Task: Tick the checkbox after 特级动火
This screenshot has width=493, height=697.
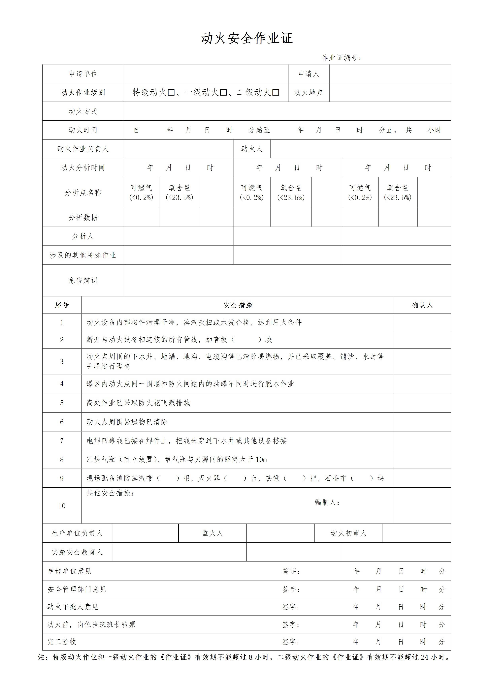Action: pos(171,93)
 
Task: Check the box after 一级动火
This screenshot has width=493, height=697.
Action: pos(223,93)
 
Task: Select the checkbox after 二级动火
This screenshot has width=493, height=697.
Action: pos(276,93)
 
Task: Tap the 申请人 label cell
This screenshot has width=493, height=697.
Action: pos(309,74)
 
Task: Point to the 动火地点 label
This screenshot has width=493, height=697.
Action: pos(309,93)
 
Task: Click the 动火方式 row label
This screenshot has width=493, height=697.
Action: pos(83,111)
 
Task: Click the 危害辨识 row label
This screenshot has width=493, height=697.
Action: pos(83,280)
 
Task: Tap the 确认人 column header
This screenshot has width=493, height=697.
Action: pos(422,305)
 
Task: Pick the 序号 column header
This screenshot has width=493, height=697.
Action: pos(62,305)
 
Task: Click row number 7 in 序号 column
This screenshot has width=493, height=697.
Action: pos(62,441)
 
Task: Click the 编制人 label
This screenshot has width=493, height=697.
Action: pos(327,502)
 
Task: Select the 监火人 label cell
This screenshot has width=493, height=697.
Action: pos(212,533)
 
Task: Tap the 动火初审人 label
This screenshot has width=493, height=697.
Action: pos(348,533)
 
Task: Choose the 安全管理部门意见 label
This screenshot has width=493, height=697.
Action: pos(77,590)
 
